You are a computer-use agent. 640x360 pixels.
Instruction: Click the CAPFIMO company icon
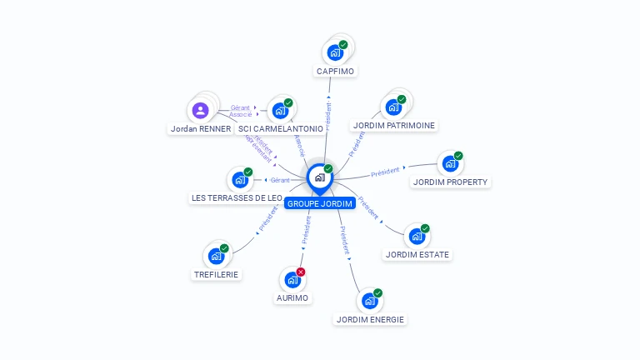335,52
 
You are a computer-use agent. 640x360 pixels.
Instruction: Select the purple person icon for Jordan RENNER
200,110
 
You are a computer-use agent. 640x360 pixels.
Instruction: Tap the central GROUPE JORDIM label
320,203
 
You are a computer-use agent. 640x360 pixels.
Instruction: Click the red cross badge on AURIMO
301,272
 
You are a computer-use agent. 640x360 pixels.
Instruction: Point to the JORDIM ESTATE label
417,254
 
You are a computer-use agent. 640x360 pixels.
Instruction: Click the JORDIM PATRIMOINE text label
393,126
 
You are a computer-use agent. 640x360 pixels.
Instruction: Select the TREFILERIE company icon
216,255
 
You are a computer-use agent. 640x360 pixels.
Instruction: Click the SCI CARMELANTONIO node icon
279,110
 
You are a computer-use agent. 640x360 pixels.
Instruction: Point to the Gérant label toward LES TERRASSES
280,180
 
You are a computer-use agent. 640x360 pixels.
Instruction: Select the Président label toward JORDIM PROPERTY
386,172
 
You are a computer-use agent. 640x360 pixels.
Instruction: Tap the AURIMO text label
292,297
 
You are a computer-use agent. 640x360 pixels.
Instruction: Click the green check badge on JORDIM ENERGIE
377,293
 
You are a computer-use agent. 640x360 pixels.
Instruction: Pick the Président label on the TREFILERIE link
268,221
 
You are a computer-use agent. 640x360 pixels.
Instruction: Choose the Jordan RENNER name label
200,129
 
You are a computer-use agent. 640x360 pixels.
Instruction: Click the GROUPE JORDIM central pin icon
319,177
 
